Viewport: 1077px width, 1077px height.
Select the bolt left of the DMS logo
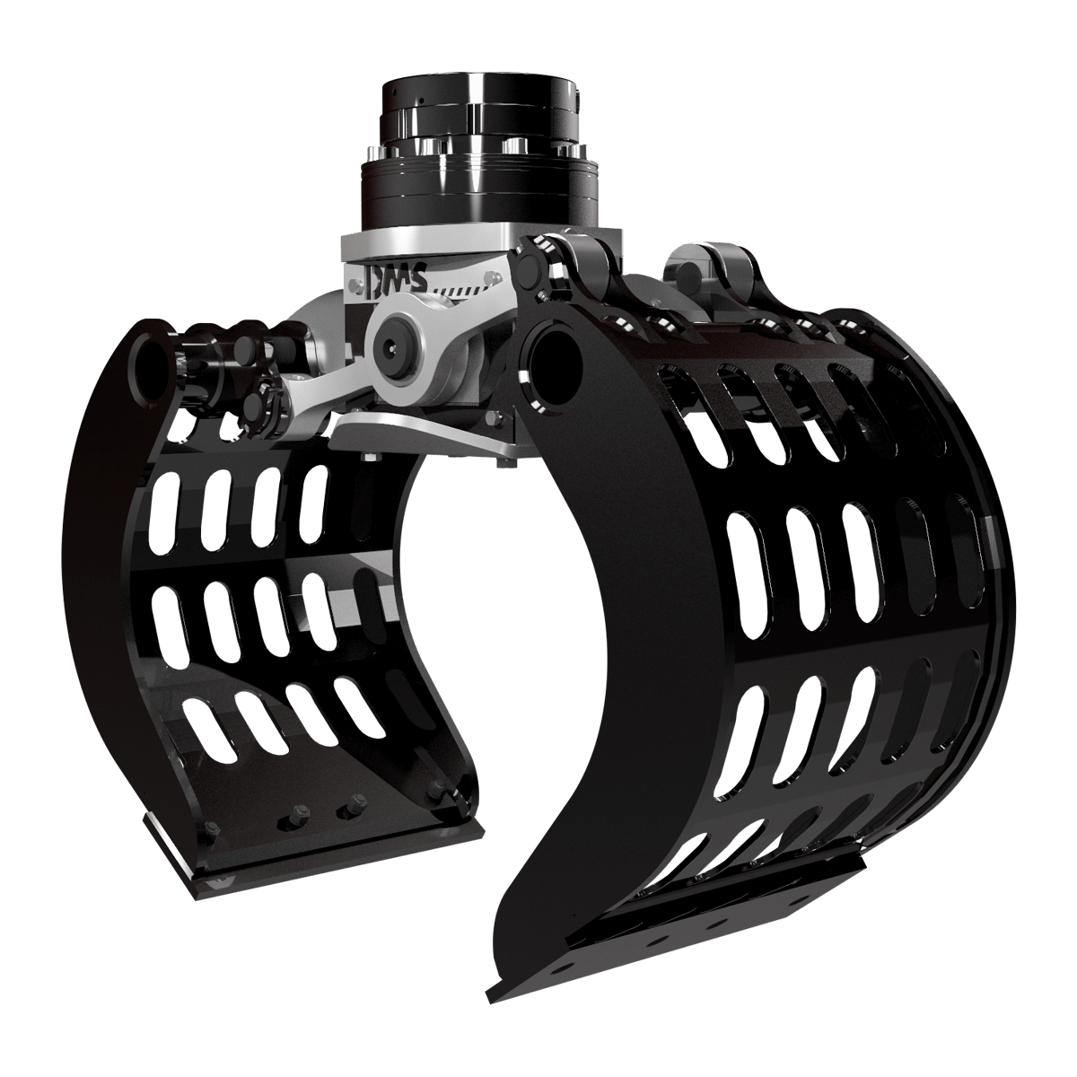click(352, 287)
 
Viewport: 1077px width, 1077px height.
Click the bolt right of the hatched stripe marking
click(493, 276)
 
